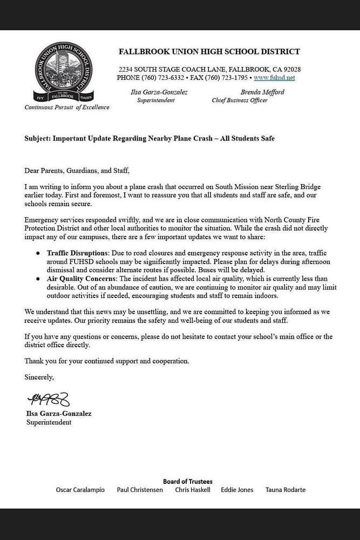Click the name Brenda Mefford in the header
coord(262,92)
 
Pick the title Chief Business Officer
coord(240,100)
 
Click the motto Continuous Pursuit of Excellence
coord(67,107)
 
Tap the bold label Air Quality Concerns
coord(80,279)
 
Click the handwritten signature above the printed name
coord(49,400)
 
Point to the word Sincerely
coord(39,377)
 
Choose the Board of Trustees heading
coord(187,481)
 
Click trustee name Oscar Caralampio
coord(80,490)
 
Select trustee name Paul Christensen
coord(140,490)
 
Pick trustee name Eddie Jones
coord(237,490)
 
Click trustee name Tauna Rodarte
coord(285,490)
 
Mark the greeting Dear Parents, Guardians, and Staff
coord(77,171)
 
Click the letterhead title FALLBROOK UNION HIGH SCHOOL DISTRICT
coord(209,52)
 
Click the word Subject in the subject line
coord(37,138)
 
